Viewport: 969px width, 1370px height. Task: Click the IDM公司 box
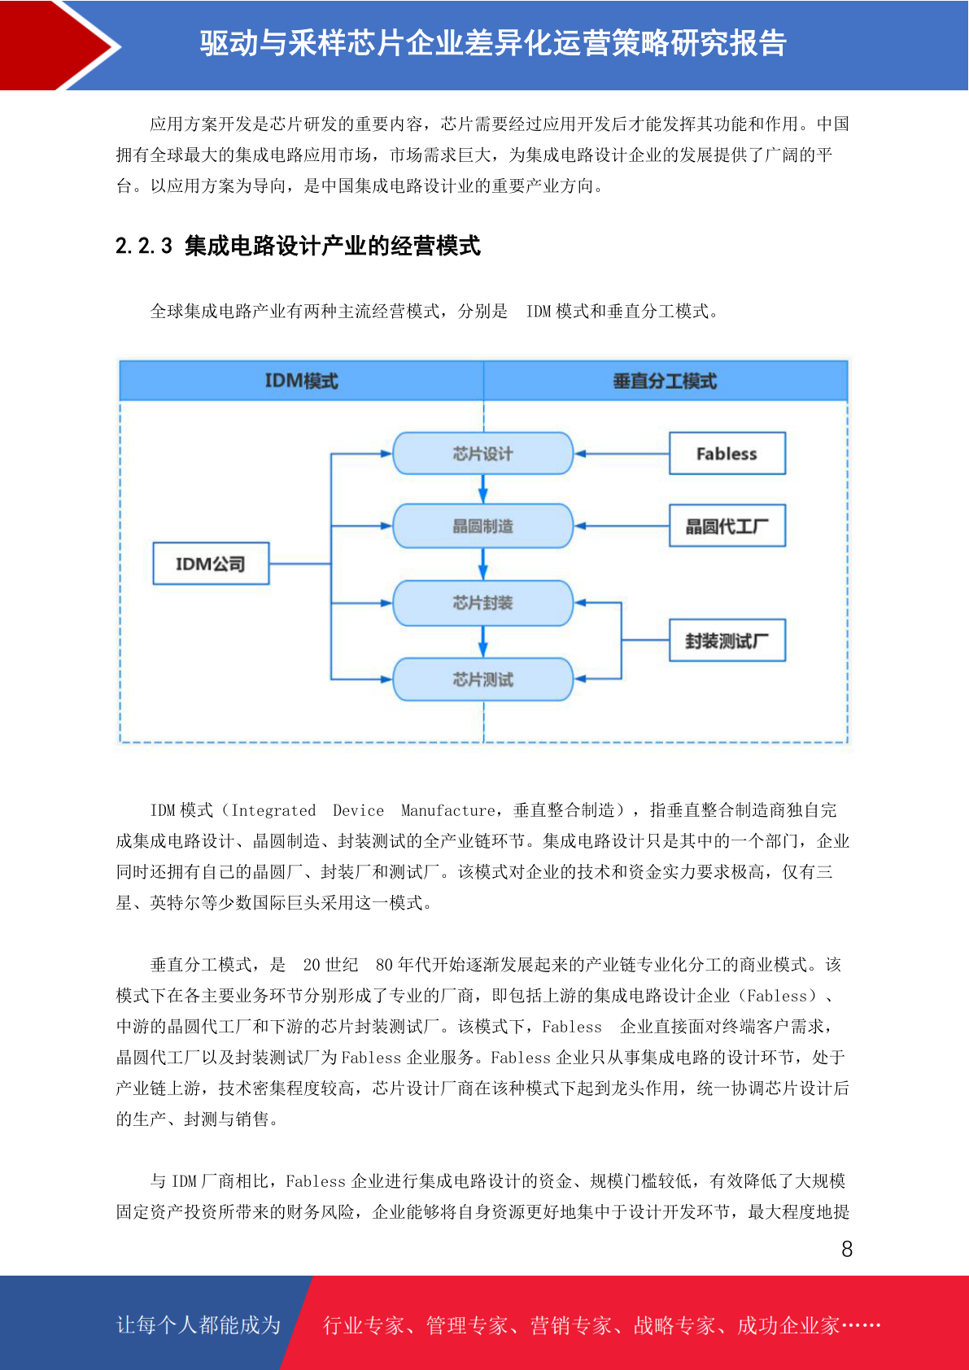pos(211,563)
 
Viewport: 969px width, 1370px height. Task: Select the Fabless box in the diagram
pos(727,453)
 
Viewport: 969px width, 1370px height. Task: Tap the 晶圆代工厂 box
pos(727,526)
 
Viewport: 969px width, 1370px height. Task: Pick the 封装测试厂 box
pos(727,640)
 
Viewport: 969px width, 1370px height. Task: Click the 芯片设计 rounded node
pos(482,453)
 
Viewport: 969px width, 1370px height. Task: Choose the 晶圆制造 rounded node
pos(482,526)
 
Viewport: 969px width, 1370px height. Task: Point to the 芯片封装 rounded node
pos(482,603)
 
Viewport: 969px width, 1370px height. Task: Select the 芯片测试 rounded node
pos(482,678)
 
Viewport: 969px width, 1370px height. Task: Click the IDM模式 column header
pos(302,381)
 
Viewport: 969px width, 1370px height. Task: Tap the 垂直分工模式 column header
pos(666,381)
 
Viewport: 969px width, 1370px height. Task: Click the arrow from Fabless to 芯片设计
pos(622,454)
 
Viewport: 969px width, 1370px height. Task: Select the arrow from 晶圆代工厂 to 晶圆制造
pos(622,526)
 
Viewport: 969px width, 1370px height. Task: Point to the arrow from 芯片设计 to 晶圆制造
pos(482,489)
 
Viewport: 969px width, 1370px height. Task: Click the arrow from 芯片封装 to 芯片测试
pos(482,642)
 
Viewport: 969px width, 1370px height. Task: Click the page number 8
pos(847,1249)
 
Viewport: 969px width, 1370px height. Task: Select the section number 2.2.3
pos(144,246)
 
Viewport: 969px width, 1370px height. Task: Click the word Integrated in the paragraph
pos(273,810)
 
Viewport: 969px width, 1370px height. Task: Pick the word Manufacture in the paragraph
pos(447,810)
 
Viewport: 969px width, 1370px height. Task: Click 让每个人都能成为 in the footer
pos(199,1324)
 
